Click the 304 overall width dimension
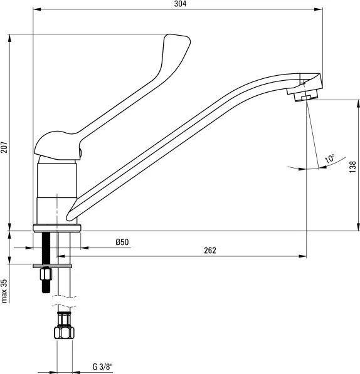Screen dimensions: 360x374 point(180,4)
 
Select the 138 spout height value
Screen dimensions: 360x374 point(352,167)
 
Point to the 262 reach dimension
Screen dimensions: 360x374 point(210,251)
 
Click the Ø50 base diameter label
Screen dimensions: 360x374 point(122,242)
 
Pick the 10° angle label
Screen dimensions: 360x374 point(330,158)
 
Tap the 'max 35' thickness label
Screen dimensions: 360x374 point(4,291)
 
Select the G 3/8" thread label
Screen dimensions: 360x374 point(102,366)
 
